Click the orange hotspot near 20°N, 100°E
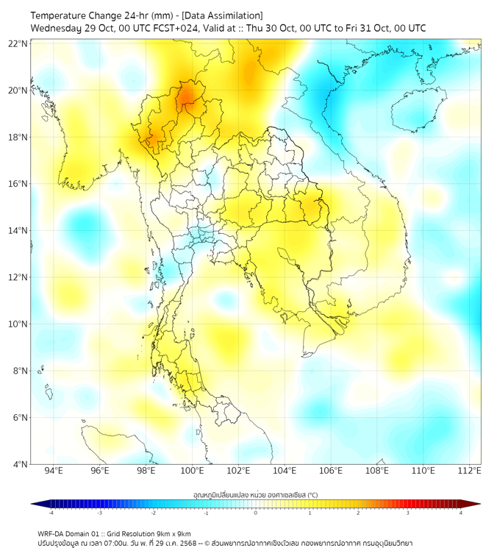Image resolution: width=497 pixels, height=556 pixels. [187, 94]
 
